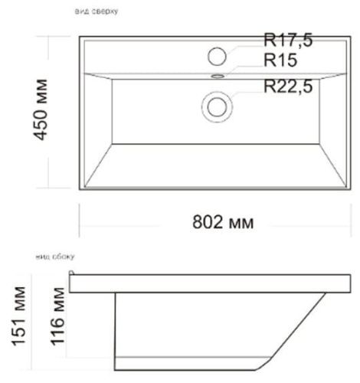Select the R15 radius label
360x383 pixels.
280,60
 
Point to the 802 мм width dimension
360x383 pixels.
221,222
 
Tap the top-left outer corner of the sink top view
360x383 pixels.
80,34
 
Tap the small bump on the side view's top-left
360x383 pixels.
72,273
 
